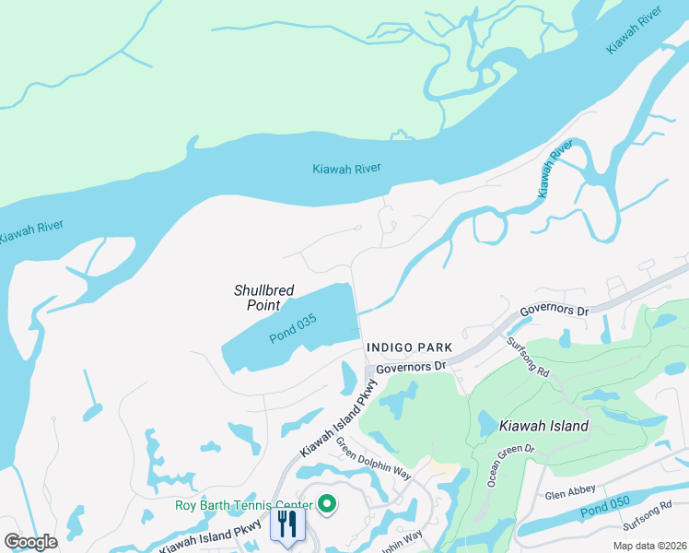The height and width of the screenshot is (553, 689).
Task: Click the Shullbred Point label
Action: point(263,298)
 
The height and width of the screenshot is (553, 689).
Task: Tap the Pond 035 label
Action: point(293,329)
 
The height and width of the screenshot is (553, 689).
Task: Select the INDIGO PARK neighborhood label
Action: point(409,347)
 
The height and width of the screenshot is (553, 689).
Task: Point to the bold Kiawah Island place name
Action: point(543,426)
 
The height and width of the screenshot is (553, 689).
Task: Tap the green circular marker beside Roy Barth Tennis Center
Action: point(326,503)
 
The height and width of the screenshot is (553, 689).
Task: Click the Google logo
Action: point(30,542)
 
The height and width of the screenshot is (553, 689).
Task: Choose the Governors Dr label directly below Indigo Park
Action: point(411,366)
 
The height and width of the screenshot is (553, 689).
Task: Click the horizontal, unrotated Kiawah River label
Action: point(346,169)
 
